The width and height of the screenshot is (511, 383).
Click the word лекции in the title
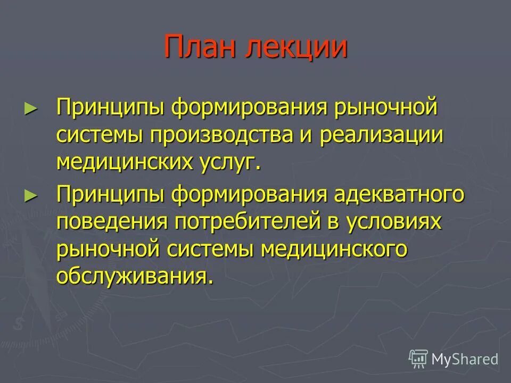coord(296,47)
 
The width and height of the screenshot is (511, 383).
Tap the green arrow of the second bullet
coord(31,195)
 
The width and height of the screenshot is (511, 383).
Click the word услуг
coord(227,162)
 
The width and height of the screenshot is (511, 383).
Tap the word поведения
coord(110,222)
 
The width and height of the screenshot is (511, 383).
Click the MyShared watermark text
coord(465,359)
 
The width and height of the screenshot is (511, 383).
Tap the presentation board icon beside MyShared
coord(418,359)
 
